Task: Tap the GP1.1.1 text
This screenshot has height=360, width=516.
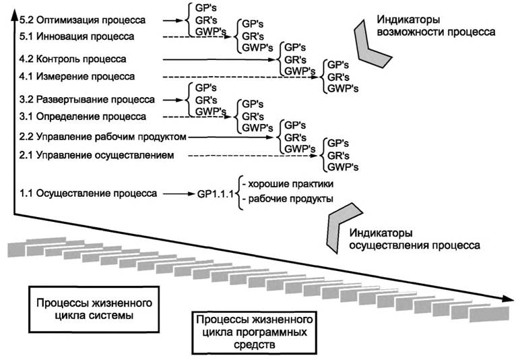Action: [x=215, y=193]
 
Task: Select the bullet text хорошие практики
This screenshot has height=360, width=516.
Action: [x=289, y=183]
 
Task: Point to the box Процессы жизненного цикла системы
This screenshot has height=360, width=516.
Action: [x=98, y=308]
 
